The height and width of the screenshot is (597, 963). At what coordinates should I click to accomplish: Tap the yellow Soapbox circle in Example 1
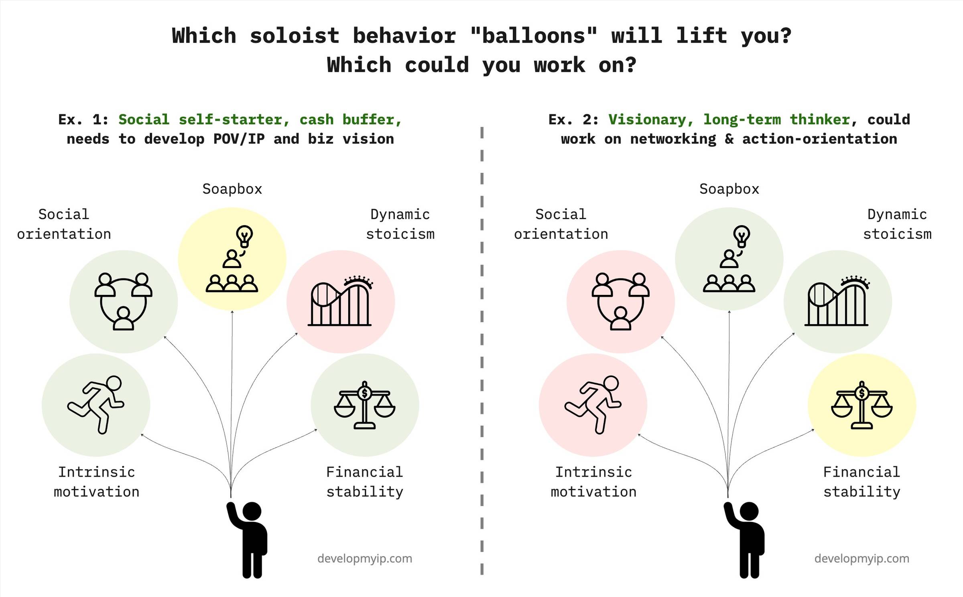232,259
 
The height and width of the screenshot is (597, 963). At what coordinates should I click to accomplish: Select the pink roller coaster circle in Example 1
341,302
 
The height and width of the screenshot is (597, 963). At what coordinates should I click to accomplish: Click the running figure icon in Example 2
593,404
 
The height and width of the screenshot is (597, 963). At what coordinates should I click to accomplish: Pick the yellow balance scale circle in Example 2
862,405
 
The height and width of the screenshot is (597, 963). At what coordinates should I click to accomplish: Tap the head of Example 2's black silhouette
749,512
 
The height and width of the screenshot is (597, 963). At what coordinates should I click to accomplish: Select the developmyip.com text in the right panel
862,558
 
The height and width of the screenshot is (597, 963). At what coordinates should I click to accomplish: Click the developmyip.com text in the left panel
365,558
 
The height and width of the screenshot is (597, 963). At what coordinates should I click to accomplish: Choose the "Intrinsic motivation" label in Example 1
96,482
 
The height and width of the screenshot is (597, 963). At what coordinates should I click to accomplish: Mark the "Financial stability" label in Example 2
862,482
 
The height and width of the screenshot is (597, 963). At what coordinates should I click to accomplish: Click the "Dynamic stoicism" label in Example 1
400,224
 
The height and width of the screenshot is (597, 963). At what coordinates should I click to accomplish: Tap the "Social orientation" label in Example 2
561,224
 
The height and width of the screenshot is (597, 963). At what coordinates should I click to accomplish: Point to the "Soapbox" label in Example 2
729,189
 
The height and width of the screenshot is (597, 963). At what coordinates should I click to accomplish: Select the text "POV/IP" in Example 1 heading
239,139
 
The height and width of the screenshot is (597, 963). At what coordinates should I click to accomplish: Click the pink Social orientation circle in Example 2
621,302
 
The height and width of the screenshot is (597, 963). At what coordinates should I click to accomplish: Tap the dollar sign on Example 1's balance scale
365,393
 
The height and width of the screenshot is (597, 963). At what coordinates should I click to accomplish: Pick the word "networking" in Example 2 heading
673,139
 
